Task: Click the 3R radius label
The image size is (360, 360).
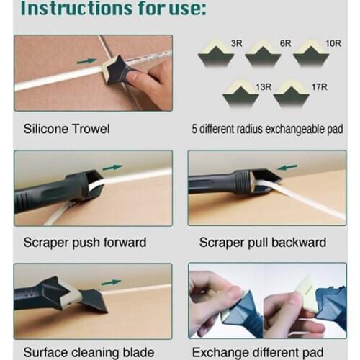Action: [x=236, y=44]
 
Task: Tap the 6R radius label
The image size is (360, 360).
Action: [x=285, y=44]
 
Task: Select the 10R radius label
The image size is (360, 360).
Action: [x=333, y=44]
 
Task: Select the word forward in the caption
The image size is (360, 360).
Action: [x=123, y=242]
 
